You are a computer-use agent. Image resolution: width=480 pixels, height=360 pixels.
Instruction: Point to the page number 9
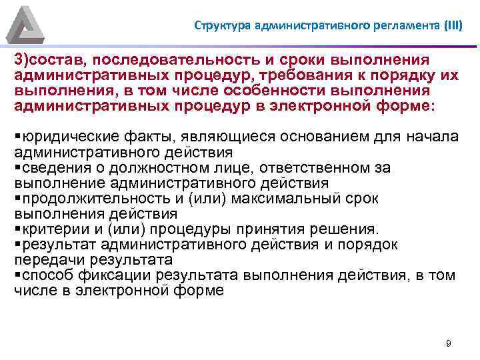click(448, 343)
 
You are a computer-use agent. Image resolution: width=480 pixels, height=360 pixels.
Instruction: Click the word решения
click(345, 229)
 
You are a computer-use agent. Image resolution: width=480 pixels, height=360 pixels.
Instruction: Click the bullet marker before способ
click(17, 275)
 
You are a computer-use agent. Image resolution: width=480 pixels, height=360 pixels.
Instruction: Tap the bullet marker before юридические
click(17, 137)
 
